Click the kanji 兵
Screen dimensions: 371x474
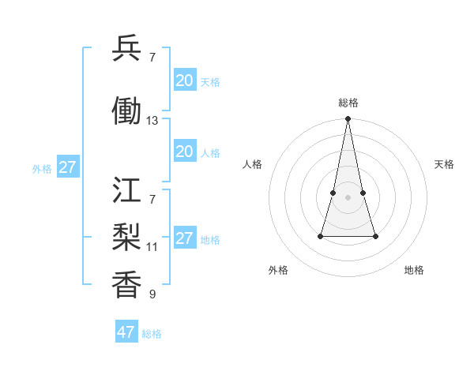(126, 50)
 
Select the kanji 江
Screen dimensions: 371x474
(126, 190)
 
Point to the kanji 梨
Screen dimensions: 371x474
(126, 236)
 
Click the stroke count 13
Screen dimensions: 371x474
(152, 121)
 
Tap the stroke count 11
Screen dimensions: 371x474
(152, 246)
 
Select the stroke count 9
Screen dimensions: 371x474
(152, 294)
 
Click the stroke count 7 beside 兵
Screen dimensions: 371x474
(152, 57)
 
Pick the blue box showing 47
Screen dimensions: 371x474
(126, 332)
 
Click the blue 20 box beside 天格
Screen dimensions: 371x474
(184, 81)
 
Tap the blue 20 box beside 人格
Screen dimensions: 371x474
(184, 152)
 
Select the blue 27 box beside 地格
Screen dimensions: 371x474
(184, 238)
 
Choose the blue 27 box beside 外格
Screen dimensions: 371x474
(67, 167)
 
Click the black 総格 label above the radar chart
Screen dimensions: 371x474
(348, 103)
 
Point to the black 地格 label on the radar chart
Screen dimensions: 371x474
(414, 270)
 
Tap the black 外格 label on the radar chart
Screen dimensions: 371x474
(278, 270)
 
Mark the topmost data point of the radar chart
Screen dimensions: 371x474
(348, 119)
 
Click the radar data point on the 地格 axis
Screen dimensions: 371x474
(375, 236)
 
